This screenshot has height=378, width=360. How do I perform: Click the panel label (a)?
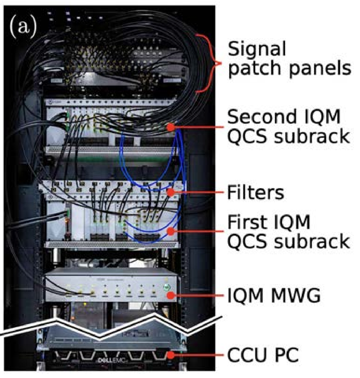23,26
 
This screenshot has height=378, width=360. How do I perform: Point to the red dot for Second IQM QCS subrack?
170,127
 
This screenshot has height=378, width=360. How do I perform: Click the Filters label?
256,192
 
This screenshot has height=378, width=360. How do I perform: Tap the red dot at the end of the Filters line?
170,192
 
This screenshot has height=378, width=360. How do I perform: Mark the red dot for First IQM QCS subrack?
170,231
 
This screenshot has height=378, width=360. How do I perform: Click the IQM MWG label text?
274,295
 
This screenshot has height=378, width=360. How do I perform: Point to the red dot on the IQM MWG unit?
170,295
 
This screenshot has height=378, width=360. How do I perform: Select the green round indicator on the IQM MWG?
166,288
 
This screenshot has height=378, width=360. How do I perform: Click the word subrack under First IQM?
312,241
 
